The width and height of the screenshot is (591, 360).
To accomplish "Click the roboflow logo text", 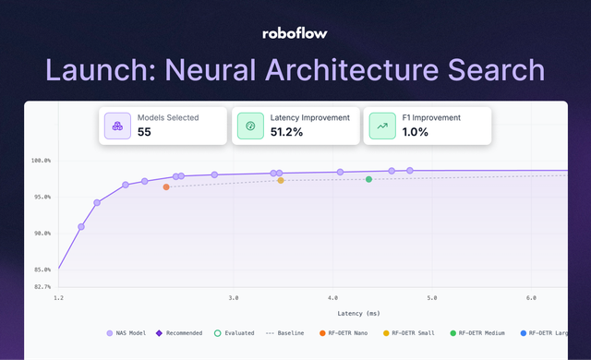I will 295,33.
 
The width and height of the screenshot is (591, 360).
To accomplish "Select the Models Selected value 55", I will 144,132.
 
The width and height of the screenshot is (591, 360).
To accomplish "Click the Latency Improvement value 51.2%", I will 286,132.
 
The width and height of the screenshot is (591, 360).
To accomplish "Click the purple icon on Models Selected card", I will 117,126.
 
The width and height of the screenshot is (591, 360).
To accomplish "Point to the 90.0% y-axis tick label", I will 41,234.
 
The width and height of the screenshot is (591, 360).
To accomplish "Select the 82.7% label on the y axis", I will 41,287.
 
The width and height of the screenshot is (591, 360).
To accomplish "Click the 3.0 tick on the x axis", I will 233,298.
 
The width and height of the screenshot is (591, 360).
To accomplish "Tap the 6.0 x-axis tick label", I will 531,298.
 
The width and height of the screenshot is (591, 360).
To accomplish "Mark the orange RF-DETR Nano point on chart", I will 166,187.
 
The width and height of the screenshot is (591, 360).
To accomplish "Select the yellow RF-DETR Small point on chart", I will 281,180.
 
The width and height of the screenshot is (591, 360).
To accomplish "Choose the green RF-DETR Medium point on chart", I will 368,179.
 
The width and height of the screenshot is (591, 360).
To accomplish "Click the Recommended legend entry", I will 185,332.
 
